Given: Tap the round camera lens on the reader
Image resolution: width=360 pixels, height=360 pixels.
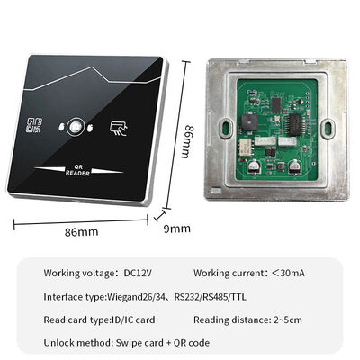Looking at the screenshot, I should pos(75,128).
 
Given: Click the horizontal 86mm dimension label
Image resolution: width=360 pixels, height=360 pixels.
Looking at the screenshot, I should pos(80,233).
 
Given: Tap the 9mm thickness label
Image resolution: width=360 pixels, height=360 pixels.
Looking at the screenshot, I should pos(178,228).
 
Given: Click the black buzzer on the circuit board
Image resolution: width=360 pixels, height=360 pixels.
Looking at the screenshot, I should pos(249,121).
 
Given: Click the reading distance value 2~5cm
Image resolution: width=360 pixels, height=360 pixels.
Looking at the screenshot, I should pos(287,319).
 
